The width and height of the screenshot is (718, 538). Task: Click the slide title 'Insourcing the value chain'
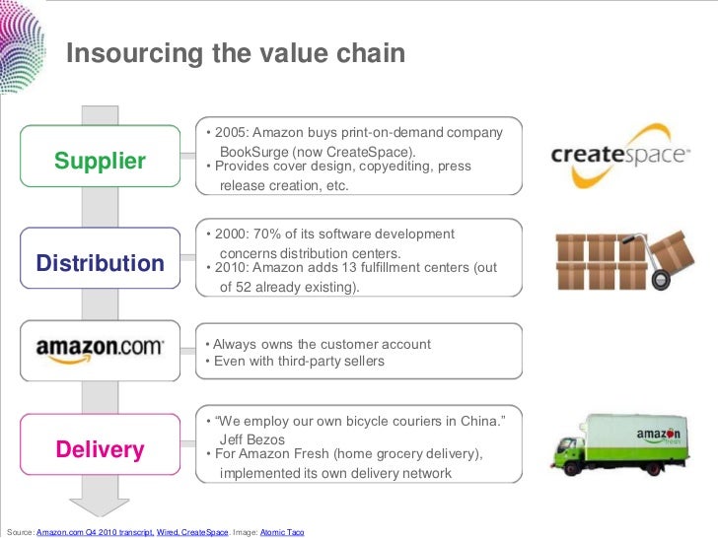click(236, 53)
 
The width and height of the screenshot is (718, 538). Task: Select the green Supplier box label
click(100, 162)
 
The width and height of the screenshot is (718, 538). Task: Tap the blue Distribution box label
click(101, 263)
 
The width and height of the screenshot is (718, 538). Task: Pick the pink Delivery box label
click(100, 450)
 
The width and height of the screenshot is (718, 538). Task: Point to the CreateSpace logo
click(619, 155)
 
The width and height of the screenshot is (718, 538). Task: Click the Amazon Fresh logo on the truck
click(659, 435)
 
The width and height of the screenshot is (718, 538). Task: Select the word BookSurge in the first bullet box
click(253, 152)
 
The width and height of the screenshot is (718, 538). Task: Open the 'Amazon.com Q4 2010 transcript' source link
click(95, 532)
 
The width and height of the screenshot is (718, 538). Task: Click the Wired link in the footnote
click(168, 532)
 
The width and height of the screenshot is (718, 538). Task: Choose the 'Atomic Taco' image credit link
click(282, 532)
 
